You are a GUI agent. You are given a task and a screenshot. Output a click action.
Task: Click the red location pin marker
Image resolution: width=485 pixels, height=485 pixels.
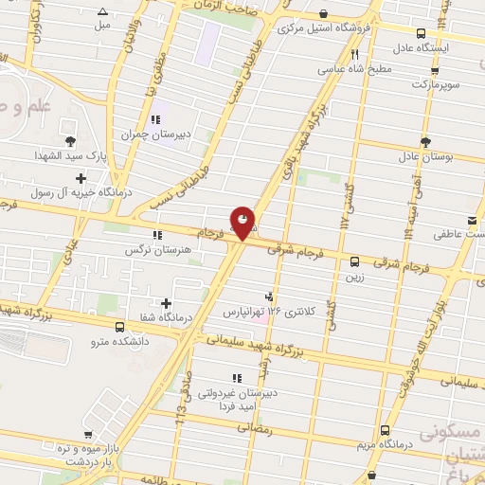pyautogui.click(x=243, y=223)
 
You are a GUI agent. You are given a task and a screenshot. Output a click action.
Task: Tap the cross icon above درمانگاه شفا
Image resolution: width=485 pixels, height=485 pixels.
pyautogui.click(x=167, y=303)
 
